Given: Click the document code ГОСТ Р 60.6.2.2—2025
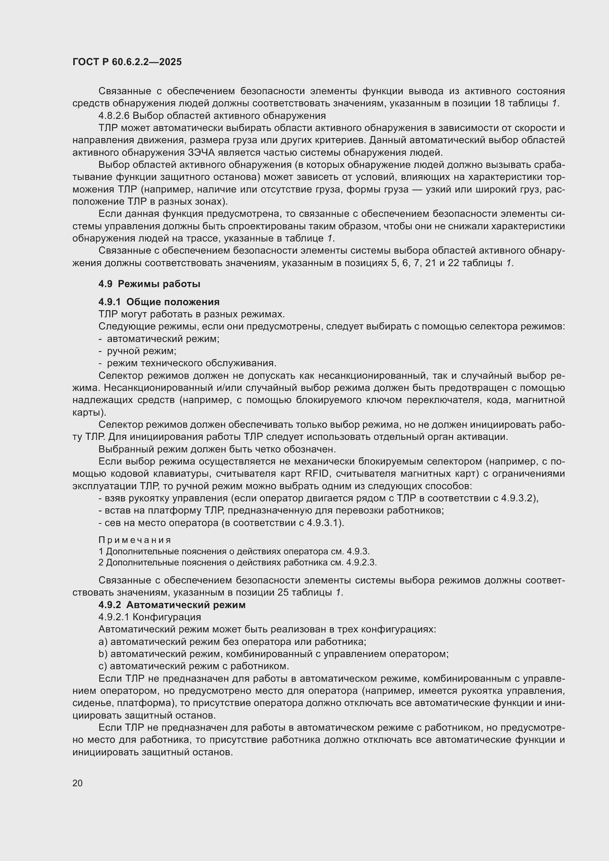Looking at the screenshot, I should click(x=127, y=62).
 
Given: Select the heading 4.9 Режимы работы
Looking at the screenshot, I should click(x=149, y=284).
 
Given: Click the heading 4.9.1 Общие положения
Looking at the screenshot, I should click(x=159, y=302).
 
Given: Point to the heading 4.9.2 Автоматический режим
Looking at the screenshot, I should click(x=172, y=605).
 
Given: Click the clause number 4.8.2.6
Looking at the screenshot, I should click(x=113, y=116).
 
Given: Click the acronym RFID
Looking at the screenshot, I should click(x=317, y=474).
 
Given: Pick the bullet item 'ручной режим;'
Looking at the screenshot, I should click(x=141, y=351).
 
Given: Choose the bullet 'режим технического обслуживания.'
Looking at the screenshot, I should click(x=191, y=363).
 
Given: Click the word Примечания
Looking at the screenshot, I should click(x=135, y=540).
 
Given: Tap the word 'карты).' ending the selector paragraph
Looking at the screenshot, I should click(x=89, y=413).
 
